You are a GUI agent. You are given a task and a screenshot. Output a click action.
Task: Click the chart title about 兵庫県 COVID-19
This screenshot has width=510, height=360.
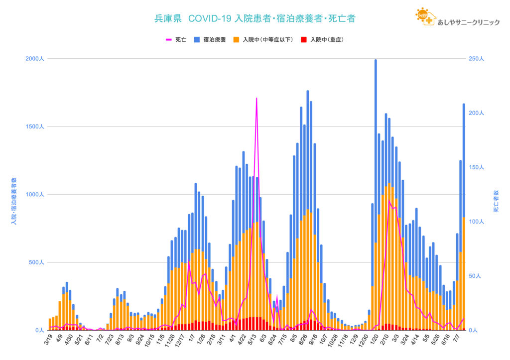pos(255,19)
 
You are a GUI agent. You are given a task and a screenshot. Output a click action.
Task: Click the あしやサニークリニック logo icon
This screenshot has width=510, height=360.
pos(425,17)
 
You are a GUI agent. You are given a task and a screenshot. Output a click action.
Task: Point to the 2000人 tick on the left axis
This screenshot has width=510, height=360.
pos(35,59)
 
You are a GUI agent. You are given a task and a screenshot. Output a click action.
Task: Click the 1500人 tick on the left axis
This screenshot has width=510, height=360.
pos(35,127)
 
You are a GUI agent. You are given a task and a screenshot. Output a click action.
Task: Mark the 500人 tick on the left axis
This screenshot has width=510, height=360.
pos(36,262)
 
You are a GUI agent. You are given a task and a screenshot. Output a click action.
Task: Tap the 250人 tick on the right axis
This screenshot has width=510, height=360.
pos(476,59)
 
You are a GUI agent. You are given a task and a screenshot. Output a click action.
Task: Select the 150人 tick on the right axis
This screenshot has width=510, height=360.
pos(476,167)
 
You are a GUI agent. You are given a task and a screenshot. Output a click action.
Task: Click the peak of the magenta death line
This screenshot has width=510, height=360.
pos(256,99)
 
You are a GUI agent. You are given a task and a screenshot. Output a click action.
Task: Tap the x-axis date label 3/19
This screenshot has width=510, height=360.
pos(49,342)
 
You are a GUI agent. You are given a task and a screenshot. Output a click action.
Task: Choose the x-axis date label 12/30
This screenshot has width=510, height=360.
pos(368,343)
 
